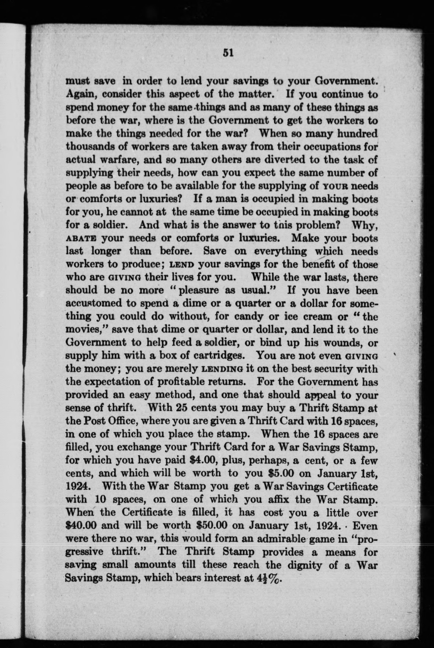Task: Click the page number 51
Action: (x=228, y=53)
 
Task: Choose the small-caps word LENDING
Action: (x=223, y=369)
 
